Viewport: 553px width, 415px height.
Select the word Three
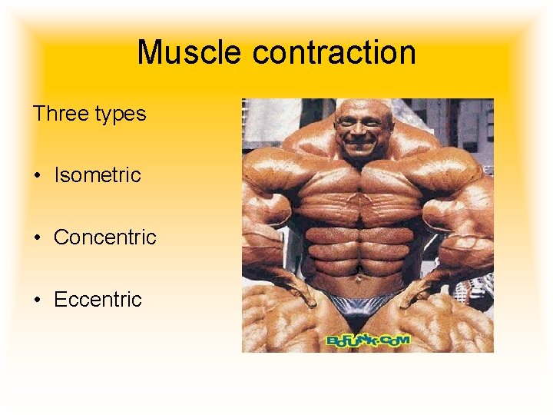point(59,114)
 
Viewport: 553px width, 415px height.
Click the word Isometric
point(97,175)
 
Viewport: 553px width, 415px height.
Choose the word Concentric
point(104,237)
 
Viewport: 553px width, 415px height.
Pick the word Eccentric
point(98,299)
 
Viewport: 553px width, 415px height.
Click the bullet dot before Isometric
point(38,176)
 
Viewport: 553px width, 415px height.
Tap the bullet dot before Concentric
point(38,237)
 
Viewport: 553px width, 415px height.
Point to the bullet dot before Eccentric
point(38,300)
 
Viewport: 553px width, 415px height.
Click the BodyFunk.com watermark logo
point(369,340)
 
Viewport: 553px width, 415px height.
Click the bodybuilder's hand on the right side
point(425,292)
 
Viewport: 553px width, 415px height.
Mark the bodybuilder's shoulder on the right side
point(445,165)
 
